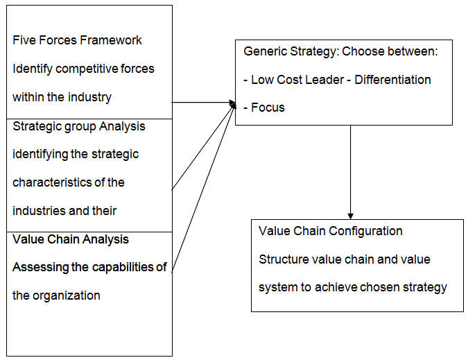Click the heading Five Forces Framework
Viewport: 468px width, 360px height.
[77, 40]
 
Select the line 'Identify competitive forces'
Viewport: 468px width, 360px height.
[83, 69]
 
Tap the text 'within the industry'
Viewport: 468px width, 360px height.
[62, 97]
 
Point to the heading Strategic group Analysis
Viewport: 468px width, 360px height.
[78, 126]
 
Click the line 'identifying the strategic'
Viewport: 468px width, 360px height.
[76, 154]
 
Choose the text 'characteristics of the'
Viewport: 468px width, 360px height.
[69, 182]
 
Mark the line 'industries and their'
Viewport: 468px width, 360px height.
[64, 210]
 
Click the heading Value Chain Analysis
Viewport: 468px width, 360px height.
[71, 239]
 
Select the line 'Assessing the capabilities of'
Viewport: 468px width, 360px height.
[89, 267]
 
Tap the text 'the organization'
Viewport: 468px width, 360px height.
[56, 295]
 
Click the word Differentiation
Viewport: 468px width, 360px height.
[392, 80]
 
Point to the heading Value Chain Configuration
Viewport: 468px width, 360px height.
[330, 231]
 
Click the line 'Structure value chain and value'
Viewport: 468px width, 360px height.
[345, 259]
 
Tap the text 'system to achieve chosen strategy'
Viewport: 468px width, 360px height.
[353, 287]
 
